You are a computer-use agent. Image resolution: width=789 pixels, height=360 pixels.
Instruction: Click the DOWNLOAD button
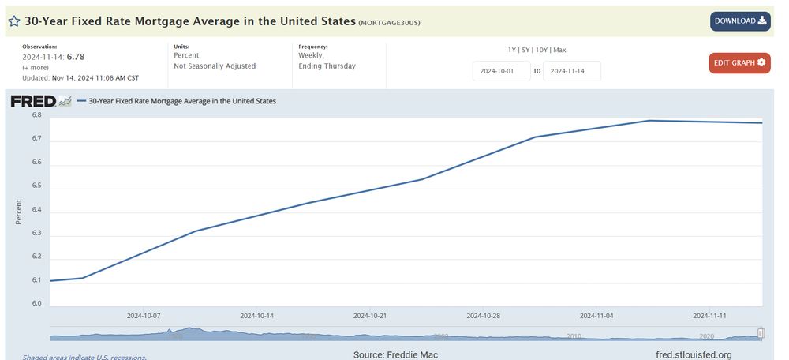click(739, 21)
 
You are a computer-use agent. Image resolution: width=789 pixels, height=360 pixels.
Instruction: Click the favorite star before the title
click(13, 21)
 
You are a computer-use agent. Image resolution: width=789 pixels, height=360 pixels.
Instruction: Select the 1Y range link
click(513, 50)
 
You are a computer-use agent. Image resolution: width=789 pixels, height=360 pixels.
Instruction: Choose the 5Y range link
click(527, 50)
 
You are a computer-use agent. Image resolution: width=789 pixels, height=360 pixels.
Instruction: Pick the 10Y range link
click(542, 50)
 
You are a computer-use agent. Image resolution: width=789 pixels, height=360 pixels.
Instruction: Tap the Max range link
click(559, 50)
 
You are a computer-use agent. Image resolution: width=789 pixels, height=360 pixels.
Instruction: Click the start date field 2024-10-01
click(501, 71)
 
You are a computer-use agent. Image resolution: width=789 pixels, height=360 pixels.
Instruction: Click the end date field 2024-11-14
click(571, 71)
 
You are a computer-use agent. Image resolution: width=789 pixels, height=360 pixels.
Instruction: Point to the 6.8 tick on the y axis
click(36, 115)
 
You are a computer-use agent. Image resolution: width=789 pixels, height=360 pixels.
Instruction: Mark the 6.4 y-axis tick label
click(36, 211)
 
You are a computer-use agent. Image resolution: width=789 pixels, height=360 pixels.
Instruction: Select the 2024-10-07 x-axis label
click(144, 315)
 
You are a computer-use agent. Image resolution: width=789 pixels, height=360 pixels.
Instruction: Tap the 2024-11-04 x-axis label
click(596, 315)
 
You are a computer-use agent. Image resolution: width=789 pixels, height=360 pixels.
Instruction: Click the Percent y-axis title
click(19, 211)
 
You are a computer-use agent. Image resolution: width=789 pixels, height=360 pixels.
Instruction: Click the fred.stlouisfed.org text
click(694, 354)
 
